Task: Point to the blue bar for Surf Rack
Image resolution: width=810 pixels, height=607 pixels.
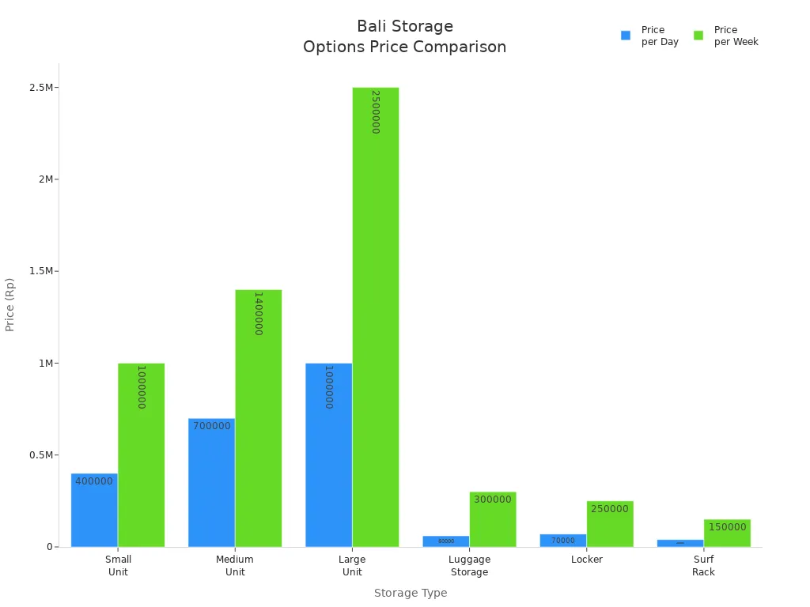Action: click(x=679, y=543)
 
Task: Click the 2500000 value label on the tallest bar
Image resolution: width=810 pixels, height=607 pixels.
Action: click(x=376, y=111)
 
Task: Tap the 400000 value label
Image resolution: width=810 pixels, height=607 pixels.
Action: click(x=94, y=481)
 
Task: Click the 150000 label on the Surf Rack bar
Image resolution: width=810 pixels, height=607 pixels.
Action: click(x=727, y=527)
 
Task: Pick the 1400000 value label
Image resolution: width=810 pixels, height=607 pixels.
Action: click(x=258, y=314)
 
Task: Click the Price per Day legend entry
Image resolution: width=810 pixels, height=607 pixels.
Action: click(x=650, y=36)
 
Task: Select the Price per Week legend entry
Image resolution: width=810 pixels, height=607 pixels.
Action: click(x=726, y=36)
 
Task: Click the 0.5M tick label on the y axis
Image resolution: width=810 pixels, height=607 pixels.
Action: click(x=42, y=455)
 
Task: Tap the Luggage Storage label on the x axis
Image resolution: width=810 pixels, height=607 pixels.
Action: click(x=469, y=565)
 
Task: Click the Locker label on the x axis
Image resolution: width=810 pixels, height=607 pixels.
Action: click(x=586, y=560)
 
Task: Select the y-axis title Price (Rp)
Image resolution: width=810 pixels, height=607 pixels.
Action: click(x=10, y=304)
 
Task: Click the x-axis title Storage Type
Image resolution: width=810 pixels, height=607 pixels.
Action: click(x=410, y=593)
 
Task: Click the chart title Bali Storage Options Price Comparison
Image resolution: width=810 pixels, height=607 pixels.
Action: click(x=404, y=36)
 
